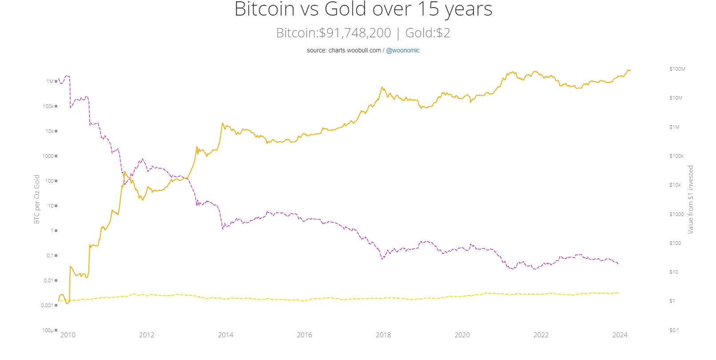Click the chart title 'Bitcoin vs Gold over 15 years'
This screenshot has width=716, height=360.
[363, 9]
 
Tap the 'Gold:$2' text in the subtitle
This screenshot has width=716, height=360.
[428, 33]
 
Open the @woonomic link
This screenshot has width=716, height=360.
[403, 50]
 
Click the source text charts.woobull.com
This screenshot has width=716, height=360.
[355, 50]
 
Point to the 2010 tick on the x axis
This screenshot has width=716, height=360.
[68, 335]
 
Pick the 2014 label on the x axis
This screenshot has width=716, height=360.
[226, 335]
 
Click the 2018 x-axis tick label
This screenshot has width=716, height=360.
[383, 335]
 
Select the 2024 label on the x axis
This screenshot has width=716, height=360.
[620, 335]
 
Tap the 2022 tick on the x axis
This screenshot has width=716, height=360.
[541, 335]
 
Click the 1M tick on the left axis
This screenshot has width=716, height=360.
[50, 81]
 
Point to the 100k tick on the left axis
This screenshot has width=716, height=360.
[48, 106]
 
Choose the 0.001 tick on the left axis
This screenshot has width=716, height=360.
[47, 305]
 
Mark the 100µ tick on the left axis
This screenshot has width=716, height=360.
[48, 330]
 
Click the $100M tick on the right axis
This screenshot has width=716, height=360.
[677, 69]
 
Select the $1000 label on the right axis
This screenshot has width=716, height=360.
[676, 214]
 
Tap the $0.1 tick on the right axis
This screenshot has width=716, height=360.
[674, 330]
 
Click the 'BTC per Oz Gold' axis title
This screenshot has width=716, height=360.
[37, 199]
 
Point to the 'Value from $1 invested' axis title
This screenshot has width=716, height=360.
[691, 200]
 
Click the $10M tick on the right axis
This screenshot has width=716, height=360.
[676, 98]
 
